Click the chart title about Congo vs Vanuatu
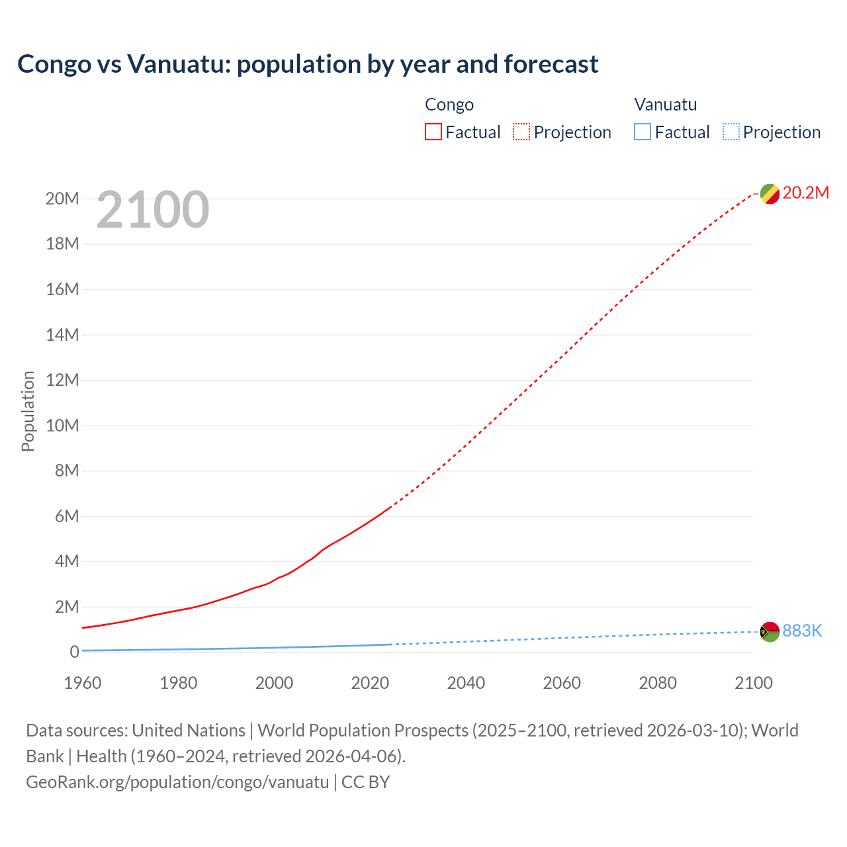click(x=308, y=64)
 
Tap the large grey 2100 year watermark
click(x=153, y=210)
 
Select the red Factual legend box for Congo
click(x=433, y=132)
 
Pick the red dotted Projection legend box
click(x=521, y=132)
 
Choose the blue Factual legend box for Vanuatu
click(x=642, y=132)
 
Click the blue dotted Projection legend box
click(x=731, y=132)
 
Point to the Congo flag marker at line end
click(x=769, y=194)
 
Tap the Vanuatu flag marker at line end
click(x=769, y=632)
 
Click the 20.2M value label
click(x=805, y=193)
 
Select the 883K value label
click(x=802, y=631)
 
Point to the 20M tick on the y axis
click(x=62, y=199)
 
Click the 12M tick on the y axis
click(x=62, y=380)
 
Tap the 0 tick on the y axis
click(x=74, y=652)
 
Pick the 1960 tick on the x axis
click(x=83, y=683)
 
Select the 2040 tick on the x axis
click(x=466, y=683)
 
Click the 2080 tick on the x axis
click(x=658, y=683)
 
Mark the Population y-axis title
click(x=28, y=411)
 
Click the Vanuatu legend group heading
click(x=665, y=105)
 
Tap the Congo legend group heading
click(x=449, y=105)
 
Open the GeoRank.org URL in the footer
click(x=177, y=782)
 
